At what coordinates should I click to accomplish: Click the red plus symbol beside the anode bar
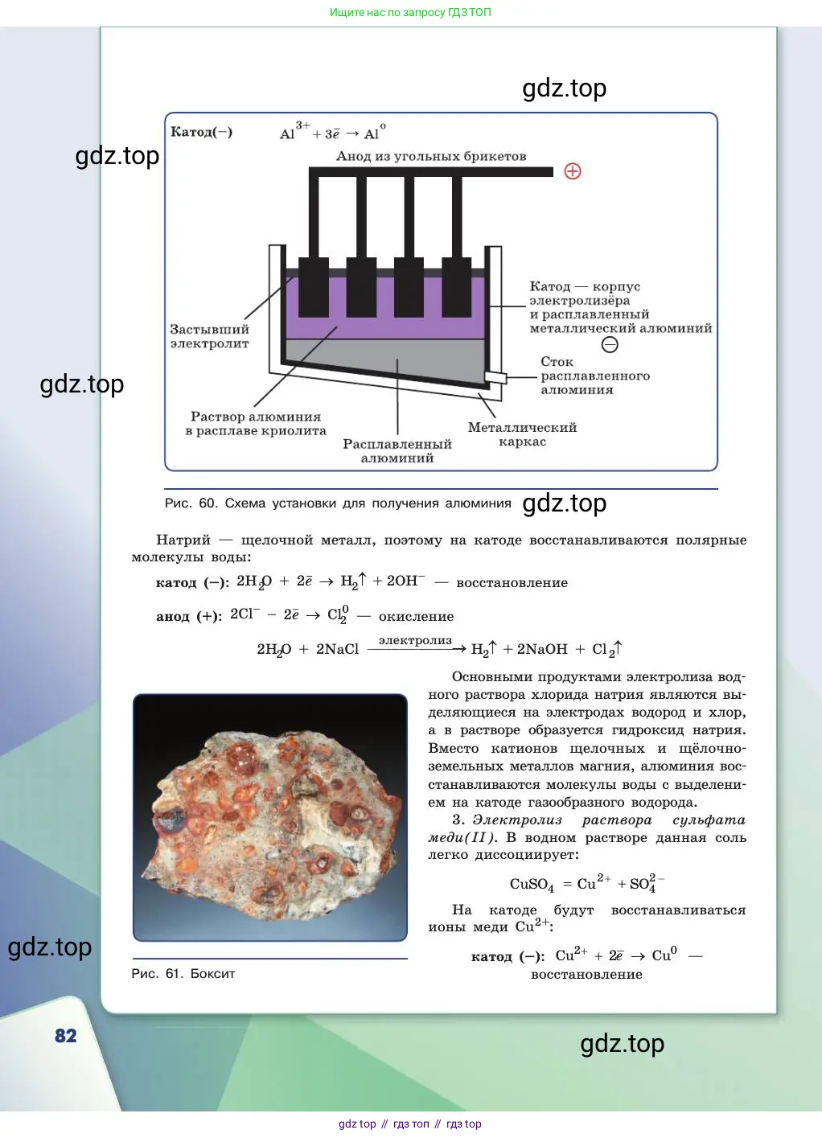tap(573, 171)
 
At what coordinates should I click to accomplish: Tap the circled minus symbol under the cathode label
tap(610, 345)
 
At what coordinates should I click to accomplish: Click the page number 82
tap(65, 1035)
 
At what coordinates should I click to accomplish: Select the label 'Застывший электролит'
tap(209, 336)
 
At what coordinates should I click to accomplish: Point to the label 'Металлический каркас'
tap(522, 434)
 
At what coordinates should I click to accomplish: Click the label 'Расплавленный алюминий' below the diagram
tap(397, 450)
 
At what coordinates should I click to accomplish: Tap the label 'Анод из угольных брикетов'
tap(431, 156)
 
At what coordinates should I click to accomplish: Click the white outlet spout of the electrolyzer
tap(495, 377)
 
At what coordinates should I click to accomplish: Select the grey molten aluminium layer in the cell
tap(386, 358)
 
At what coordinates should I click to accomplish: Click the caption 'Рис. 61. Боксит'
tap(183, 973)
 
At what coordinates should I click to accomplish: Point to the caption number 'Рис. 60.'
tap(191, 503)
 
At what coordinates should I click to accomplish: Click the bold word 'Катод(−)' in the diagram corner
tap(201, 132)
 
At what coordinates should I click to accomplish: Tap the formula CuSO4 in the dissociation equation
tap(532, 885)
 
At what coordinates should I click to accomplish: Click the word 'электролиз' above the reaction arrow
tap(415, 641)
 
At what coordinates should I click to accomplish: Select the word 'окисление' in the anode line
tap(416, 617)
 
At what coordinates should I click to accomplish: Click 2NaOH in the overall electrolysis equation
tap(542, 649)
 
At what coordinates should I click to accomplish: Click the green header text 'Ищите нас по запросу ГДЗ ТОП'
tap(410, 12)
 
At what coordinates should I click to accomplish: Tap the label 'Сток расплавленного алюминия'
tap(595, 376)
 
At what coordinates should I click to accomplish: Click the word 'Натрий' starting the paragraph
tap(183, 540)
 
